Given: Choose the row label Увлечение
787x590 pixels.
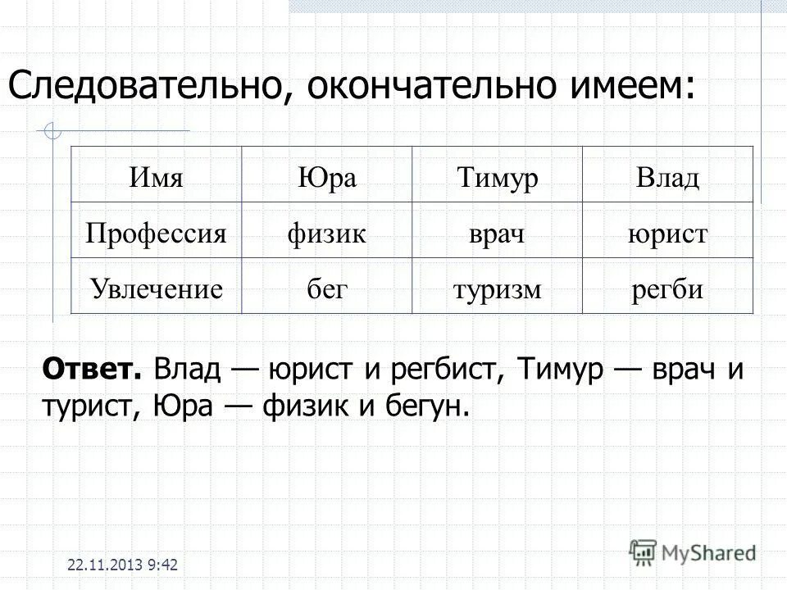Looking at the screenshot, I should (x=156, y=288).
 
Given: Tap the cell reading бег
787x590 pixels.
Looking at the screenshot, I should (x=326, y=288).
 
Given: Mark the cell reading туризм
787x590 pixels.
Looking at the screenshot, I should (x=497, y=288).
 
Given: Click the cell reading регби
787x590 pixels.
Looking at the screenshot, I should (x=667, y=288).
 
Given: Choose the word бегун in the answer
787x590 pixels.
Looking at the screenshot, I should (x=425, y=404).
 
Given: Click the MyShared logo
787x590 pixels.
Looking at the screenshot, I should (x=693, y=551).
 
